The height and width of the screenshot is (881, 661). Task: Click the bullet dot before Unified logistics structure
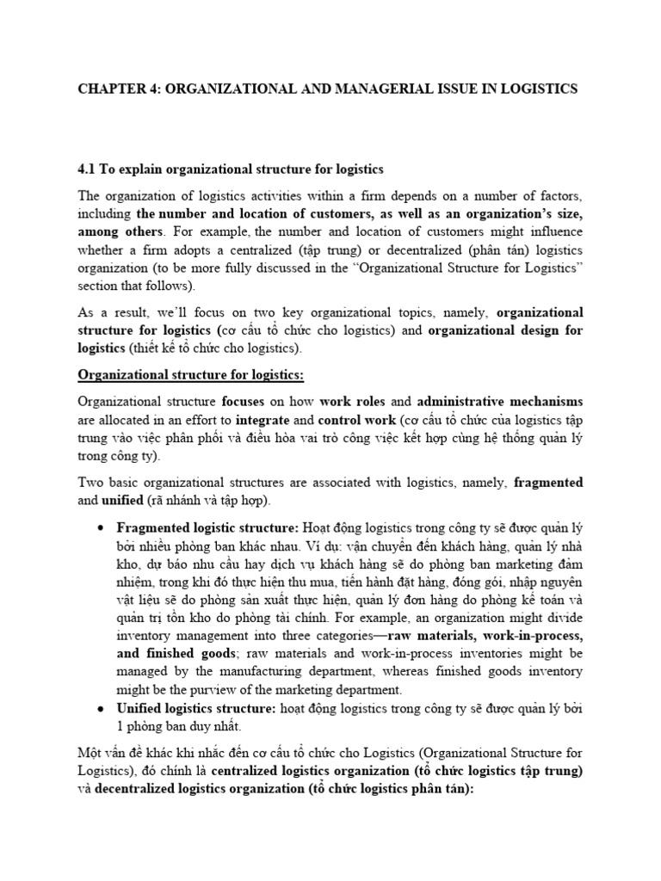coord(102,708)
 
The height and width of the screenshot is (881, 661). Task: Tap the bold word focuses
coord(244,402)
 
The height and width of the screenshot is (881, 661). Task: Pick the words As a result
coord(108,312)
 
